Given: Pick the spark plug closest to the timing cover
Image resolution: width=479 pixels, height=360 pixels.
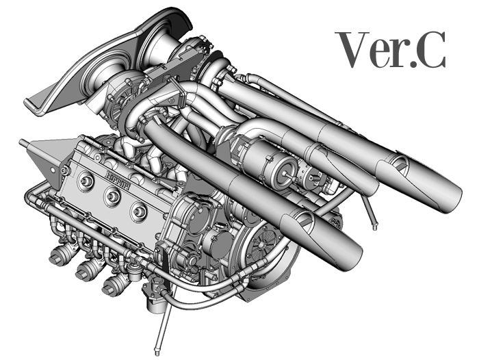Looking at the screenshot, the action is (139, 211).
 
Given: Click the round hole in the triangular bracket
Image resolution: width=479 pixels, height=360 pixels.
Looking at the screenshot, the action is (53, 170).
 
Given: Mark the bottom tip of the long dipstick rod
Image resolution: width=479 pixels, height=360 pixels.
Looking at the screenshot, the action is (157, 353).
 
